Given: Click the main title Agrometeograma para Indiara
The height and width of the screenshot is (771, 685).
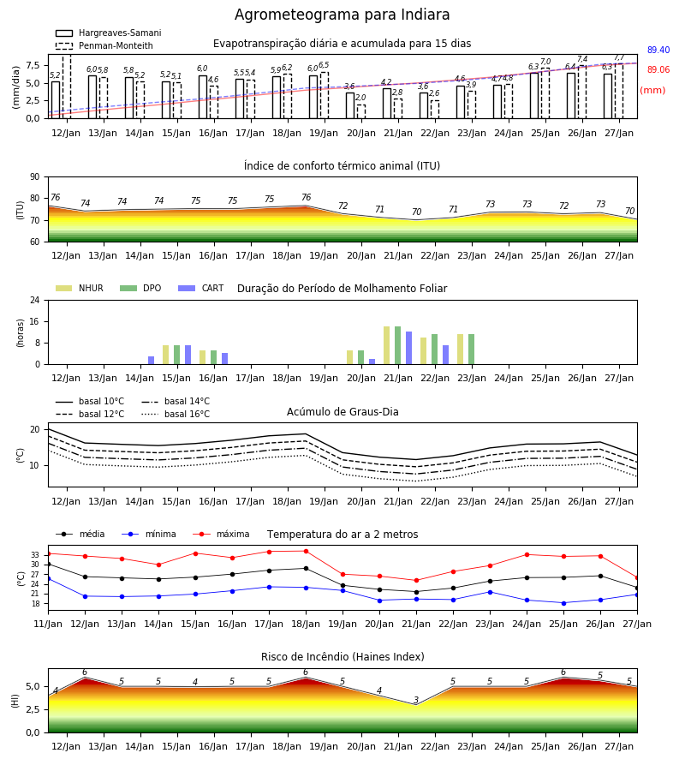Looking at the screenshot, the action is pyautogui.click(x=342, y=15).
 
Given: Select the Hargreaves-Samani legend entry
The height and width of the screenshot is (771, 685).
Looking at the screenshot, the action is pyautogui.click(x=109, y=33).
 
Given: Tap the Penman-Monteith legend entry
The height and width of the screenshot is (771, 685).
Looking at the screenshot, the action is pyautogui.click(x=104, y=45).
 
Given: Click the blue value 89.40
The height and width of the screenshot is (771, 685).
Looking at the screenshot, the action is pyautogui.click(x=658, y=50).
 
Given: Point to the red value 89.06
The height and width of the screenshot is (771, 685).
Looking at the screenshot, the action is pyautogui.click(x=658, y=70).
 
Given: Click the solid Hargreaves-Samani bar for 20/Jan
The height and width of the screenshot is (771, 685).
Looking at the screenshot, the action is pyautogui.click(x=350, y=105).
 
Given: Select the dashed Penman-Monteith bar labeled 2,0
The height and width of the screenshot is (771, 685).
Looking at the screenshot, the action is pyautogui.click(x=361, y=111).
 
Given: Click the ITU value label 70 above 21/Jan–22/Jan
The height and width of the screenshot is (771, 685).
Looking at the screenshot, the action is pyautogui.click(x=417, y=212).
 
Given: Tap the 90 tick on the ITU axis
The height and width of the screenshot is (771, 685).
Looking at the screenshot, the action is pyautogui.click(x=35, y=177).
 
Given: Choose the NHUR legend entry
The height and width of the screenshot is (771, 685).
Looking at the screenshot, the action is pyautogui.click(x=80, y=288).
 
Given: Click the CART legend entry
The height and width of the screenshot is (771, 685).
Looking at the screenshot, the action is pyautogui.click(x=201, y=288).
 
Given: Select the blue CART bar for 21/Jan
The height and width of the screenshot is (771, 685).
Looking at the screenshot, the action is pyautogui.click(x=408, y=348).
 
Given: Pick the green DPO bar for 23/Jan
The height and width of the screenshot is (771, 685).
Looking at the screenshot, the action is pyautogui.click(x=471, y=350).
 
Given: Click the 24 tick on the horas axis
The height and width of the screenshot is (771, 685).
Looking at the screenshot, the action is pyautogui.click(x=35, y=300).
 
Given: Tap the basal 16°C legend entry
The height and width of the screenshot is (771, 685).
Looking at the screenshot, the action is pyautogui.click(x=176, y=414).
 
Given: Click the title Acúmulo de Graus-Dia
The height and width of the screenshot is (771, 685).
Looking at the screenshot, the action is pyautogui.click(x=342, y=412).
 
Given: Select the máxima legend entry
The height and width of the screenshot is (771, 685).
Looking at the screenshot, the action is pyautogui.click(x=221, y=534).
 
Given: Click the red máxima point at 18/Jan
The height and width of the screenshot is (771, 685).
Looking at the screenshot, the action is pyautogui.click(x=307, y=551).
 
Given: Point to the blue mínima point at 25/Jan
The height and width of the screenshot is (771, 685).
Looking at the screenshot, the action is pyautogui.click(x=563, y=603).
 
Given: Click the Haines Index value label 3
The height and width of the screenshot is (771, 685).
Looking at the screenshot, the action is pyautogui.click(x=416, y=700).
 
